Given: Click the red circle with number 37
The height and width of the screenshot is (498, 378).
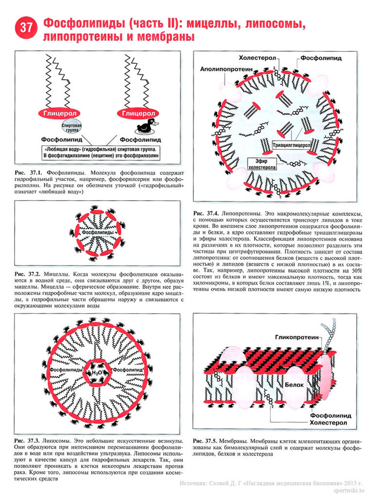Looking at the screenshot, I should click(x=25, y=29).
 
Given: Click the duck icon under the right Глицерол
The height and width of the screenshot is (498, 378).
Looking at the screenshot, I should click(x=144, y=127).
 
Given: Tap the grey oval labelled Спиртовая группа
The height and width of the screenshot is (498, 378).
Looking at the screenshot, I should click(x=71, y=128).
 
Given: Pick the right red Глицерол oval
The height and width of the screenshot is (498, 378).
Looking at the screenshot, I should click(x=138, y=113).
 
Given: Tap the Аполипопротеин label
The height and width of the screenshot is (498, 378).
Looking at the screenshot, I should click(x=226, y=70).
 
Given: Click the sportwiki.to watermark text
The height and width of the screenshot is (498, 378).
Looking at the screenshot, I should click(x=353, y=491).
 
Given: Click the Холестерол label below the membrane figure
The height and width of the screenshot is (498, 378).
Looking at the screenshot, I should click(x=328, y=424).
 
